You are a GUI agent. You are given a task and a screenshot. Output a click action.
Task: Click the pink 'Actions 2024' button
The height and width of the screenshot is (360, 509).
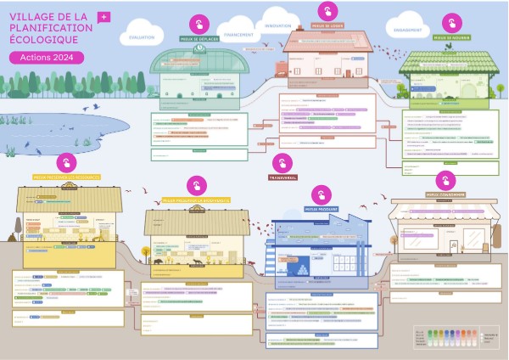tap(48, 57)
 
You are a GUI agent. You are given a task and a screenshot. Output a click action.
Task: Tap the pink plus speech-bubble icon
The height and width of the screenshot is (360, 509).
tap(103, 17)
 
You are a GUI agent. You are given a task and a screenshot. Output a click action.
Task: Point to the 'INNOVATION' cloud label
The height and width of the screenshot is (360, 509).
tap(277, 26)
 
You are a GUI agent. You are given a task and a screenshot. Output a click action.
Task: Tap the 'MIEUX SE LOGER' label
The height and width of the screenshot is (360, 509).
tap(327, 25)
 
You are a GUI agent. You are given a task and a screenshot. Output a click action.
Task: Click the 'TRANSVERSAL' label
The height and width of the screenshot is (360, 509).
tap(282, 178)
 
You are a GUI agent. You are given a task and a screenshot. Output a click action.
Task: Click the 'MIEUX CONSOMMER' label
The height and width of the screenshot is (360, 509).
tap(445, 194)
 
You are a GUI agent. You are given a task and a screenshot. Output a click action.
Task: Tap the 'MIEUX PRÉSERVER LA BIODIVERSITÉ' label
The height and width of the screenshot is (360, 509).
tap(197, 200)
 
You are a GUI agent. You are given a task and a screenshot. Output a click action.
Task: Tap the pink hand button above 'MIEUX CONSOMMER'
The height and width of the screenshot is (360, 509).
tap(445, 180)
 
